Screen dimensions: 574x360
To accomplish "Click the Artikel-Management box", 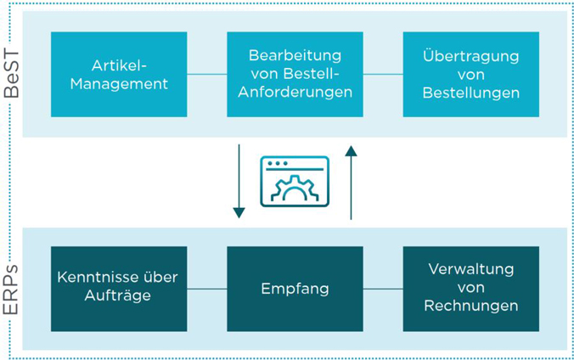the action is point(119,75).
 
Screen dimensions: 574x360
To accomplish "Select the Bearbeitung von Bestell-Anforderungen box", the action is point(295,75).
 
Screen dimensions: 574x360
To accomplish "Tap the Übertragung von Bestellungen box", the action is point(471,75).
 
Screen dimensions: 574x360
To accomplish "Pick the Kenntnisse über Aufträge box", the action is point(119,289).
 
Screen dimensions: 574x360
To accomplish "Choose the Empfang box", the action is point(295,289).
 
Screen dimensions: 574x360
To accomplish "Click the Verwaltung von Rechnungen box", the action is point(471,289).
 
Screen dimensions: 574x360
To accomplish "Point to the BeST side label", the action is point(11,74).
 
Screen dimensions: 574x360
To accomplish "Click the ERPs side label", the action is point(11,290).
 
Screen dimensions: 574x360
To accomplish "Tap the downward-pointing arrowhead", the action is point(239,213).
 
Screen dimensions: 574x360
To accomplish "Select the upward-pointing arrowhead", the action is point(351,151).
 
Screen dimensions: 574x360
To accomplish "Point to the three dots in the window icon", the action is point(278,163).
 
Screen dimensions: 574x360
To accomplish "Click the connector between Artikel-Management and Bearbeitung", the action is point(207,75).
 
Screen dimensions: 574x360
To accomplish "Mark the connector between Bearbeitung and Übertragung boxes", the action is point(383,75).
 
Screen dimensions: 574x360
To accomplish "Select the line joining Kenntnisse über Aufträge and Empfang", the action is point(207,289).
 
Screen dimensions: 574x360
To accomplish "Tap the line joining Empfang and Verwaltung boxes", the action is point(383,289).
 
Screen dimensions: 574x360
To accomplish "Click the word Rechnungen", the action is point(471,307).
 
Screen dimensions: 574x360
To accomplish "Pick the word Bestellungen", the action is point(471,93).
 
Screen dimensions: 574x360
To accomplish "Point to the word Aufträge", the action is point(117,295).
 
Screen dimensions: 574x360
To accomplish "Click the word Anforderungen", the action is point(295,92).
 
